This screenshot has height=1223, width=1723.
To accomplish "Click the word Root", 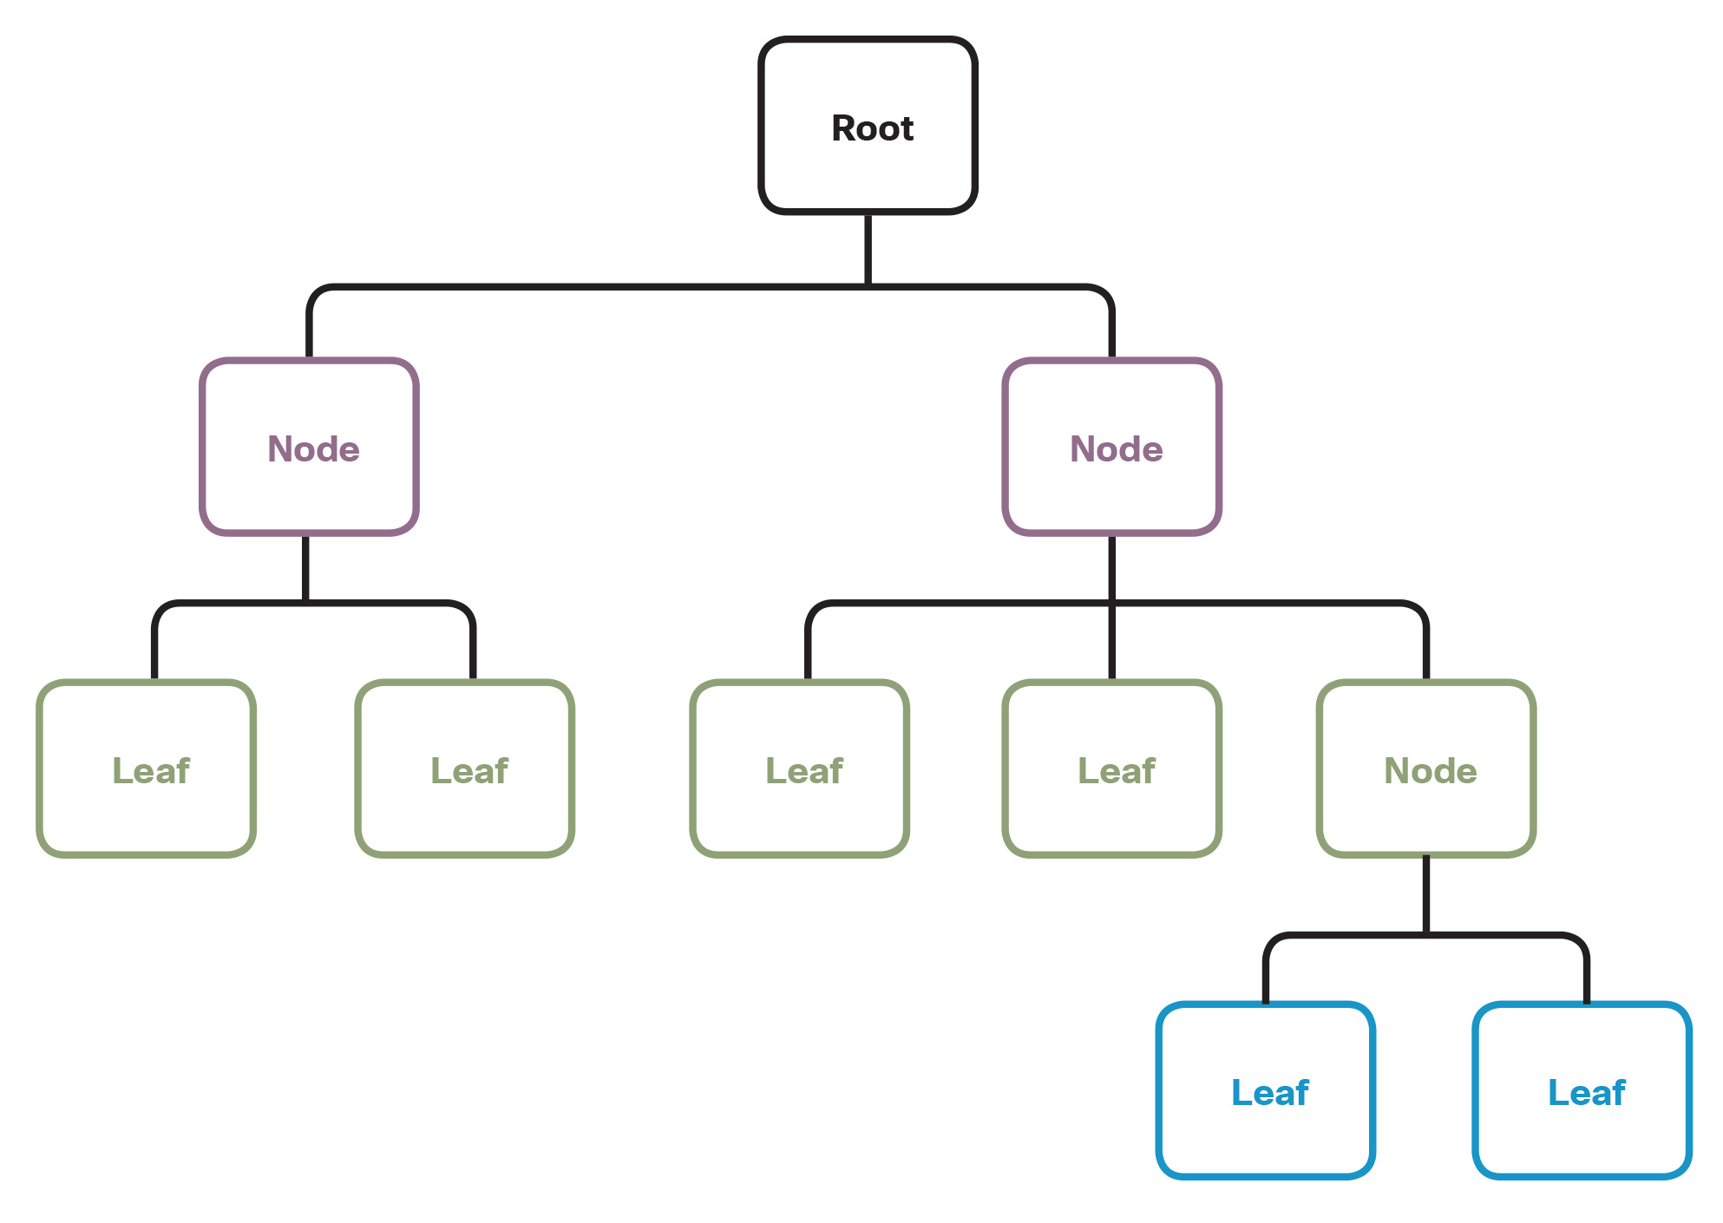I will (872, 128).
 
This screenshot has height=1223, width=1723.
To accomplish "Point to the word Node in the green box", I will (1430, 771).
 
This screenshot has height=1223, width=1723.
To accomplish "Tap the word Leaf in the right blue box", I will (1586, 1093).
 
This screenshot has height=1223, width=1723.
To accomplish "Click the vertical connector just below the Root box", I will (868, 249).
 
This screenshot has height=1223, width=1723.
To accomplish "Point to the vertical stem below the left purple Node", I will (305, 569).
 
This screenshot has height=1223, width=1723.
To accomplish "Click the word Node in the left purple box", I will (313, 449).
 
